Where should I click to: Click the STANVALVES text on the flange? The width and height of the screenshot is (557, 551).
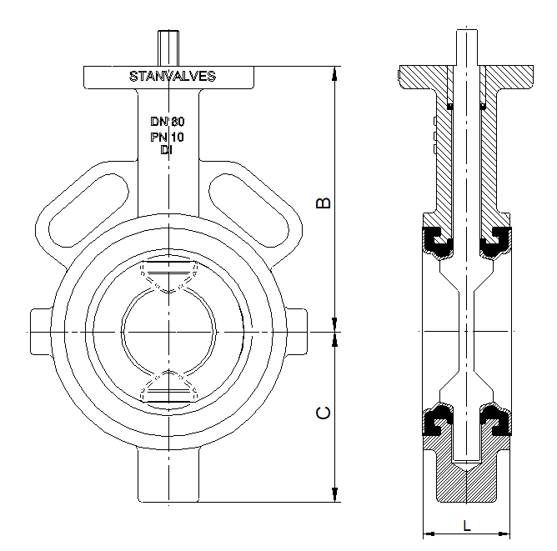click(173, 76)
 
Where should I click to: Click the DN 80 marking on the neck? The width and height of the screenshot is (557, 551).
click(167, 122)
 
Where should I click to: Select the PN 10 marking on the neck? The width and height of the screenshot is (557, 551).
click(167, 136)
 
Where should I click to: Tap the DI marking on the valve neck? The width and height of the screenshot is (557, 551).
click(167, 149)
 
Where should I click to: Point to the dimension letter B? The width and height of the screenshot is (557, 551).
click(325, 203)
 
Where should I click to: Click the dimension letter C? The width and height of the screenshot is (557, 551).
click(325, 413)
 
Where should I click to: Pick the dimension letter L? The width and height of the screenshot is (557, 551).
click(467, 525)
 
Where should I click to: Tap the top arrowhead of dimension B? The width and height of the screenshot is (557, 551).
click(335, 72)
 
